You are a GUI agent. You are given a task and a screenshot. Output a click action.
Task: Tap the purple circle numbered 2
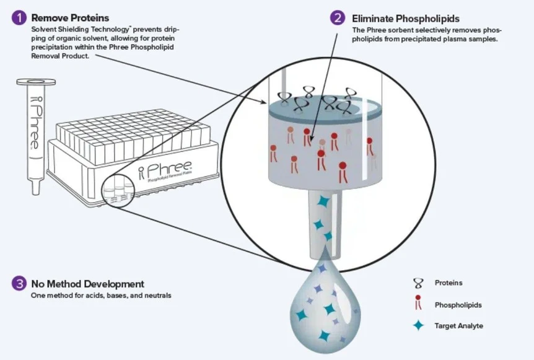pyautogui.click(x=338, y=18)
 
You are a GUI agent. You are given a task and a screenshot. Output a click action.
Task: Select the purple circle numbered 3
pyautogui.click(x=19, y=284)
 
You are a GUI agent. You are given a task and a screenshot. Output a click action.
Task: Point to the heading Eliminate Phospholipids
pyautogui.click(x=406, y=19)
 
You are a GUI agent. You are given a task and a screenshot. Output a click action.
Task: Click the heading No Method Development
pyautogui.click(x=87, y=284)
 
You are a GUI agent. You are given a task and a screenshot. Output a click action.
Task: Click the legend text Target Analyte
pyautogui.click(x=458, y=325)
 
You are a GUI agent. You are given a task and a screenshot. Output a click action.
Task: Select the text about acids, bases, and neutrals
pyautogui.click(x=101, y=296)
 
